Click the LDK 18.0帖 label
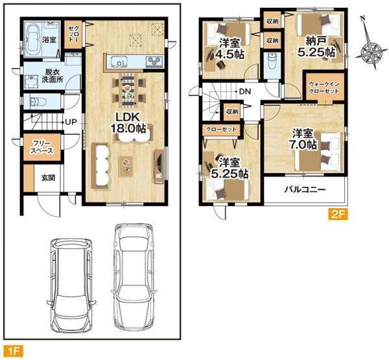click(x=128, y=123)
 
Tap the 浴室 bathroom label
click(x=49, y=40)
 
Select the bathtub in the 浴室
click(x=32, y=40)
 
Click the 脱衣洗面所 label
click(x=52, y=76)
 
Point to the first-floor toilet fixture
click(x=38, y=102)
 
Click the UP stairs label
click(x=71, y=122)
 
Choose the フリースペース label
click(x=42, y=147)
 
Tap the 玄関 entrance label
click(x=48, y=178)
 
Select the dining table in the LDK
click(x=128, y=90)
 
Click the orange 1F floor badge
click(x=14, y=351)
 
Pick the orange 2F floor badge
click(x=338, y=215)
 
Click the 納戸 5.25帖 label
click(x=316, y=47)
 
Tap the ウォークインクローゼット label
click(x=324, y=88)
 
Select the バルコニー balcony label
click(x=305, y=190)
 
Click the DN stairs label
click(x=245, y=91)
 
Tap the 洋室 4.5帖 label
click(x=230, y=49)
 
